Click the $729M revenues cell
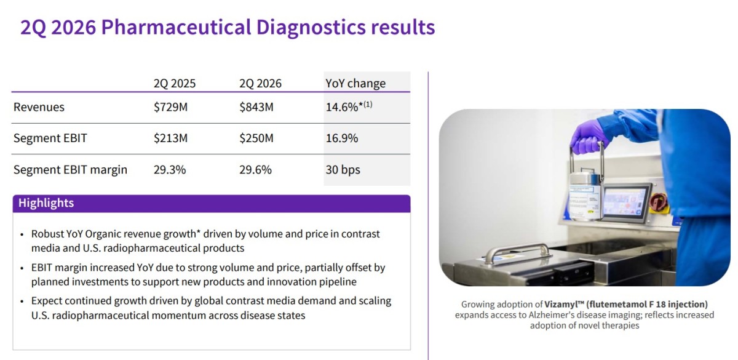[170, 107]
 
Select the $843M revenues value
[256, 107]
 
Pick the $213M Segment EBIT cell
[170, 138]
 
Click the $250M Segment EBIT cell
[256, 138]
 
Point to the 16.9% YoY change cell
[342, 138]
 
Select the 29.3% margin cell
[170, 169]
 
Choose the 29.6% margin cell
[255, 169]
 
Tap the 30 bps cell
[343, 169]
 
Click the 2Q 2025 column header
[175, 84]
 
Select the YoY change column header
[355, 83]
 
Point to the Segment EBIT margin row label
[70, 169]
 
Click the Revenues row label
[39, 107]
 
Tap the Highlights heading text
[46, 202]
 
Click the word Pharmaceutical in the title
[177, 26]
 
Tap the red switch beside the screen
[659, 202]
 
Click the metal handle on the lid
[517, 252]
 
